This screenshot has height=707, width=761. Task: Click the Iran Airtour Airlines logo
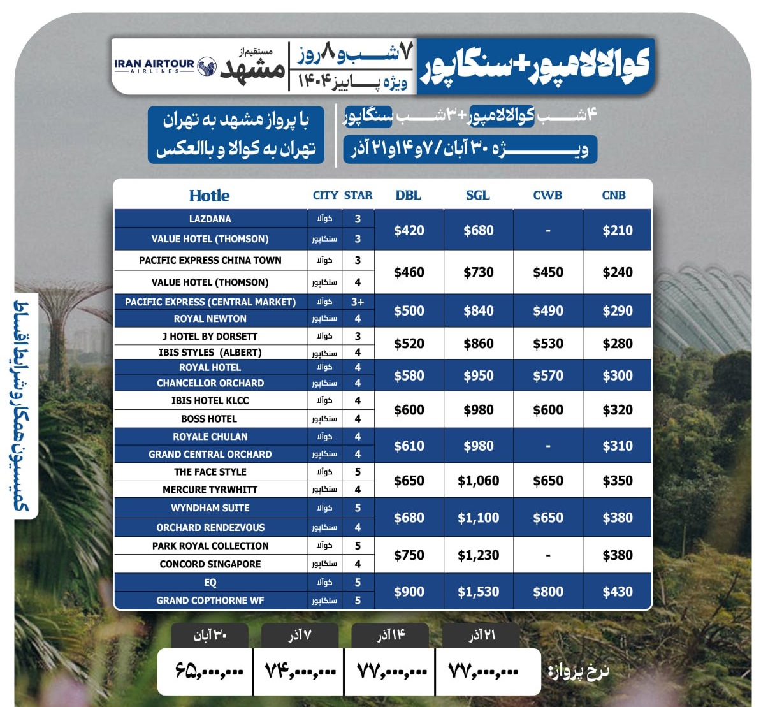pos(165,66)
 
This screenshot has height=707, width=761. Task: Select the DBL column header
pos(408,195)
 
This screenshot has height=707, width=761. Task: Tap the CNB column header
pos(614,195)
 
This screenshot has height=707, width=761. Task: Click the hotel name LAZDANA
pos(210,219)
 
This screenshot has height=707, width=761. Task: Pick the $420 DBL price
pos(409,230)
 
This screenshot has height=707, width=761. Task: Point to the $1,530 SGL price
pos(478,592)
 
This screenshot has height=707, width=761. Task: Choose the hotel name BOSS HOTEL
pos(209,419)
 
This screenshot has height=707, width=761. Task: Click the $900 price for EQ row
pos(409,592)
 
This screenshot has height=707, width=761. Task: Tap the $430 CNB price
pos(617,592)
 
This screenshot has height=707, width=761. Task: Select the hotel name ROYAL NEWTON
pos(210,319)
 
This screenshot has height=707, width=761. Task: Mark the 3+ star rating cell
pos(358,302)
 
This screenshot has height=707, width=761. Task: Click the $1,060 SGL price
pos(478,481)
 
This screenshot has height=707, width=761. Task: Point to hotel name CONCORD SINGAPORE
pos(210,564)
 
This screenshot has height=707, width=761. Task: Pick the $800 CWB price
pos(547,592)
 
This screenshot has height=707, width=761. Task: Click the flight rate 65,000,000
pos(209,671)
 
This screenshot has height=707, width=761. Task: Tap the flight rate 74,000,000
pos(300,671)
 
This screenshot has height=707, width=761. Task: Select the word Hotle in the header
pos(209,196)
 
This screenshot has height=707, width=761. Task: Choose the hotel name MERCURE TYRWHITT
pos(210,490)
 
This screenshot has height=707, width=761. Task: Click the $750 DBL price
pos(409,555)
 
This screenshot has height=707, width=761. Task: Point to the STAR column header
pos(358,195)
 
